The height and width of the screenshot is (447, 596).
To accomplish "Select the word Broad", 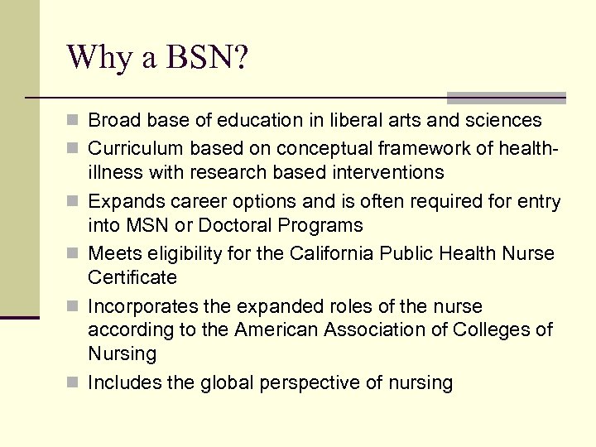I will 112,121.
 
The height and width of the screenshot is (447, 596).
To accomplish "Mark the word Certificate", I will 132,278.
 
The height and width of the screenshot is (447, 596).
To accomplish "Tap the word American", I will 272,330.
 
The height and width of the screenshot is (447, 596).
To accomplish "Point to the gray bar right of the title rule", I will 506,97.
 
